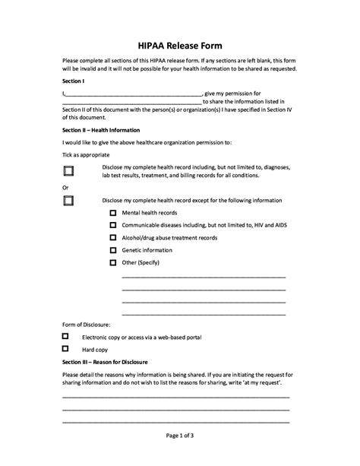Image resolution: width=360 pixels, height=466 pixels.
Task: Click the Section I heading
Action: click(74, 79)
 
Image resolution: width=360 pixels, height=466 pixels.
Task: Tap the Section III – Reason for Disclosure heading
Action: click(105, 362)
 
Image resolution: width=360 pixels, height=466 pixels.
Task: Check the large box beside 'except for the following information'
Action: click(69, 201)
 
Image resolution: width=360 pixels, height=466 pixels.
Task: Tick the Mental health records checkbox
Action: click(113, 214)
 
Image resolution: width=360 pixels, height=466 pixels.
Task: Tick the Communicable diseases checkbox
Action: click(113, 226)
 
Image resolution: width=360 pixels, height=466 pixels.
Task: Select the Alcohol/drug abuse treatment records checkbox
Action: click(113, 238)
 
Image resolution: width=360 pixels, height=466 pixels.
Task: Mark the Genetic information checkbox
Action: click(113, 250)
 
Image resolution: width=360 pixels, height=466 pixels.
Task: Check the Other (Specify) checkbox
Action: click(113, 262)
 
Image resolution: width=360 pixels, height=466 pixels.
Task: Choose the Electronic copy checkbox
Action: click(65, 336)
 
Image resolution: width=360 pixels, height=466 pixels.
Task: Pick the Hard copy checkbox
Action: click(65, 349)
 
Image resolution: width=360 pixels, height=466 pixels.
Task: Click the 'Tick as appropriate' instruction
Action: click(87, 155)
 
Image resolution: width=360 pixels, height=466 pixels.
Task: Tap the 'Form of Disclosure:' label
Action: click(87, 324)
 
